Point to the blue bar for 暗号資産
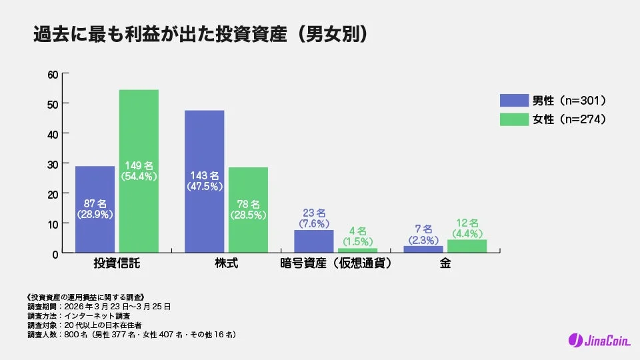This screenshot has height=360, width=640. pos(313,241)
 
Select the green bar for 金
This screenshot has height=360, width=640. pos(467,246)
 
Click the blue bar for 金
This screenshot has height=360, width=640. pos(423,249)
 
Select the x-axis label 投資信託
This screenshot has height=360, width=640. pos(117,264)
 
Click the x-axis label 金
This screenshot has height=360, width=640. pos(445,264)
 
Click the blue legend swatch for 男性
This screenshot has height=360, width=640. pos(513,101)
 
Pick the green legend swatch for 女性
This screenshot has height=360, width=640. pos(513,120)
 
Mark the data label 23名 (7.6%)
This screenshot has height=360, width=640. pos(313,217)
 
